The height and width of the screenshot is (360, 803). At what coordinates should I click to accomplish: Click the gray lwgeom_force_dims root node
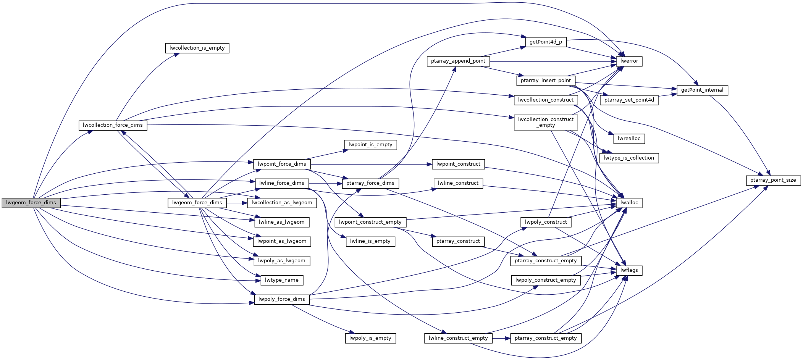tap(31, 203)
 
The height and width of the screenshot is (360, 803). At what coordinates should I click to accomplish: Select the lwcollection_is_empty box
tap(197, 48)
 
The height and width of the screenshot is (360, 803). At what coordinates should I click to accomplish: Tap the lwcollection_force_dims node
tap(113, 125)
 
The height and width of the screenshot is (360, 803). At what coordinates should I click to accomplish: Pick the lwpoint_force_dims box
tap(282, 164)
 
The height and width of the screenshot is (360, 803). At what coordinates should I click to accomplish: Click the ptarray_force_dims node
tap(370, 183)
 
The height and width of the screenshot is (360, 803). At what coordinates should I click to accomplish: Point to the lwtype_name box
tap(282, 280)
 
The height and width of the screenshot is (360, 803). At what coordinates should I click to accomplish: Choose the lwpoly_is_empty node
tap(370, 338)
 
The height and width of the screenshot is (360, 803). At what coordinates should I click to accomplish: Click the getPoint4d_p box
tap(546, 42)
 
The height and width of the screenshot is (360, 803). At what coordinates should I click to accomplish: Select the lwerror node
tap(629, 61)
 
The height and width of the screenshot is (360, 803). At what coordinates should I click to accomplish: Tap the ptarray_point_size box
tap(773, 180)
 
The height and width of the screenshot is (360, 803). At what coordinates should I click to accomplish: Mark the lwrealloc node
tap(629, 139)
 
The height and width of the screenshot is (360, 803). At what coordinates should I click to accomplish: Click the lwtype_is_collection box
tap(629, 158)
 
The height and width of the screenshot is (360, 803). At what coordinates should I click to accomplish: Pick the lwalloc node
tap(629, 203)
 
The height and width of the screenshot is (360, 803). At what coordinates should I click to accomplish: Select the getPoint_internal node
tap(702, 90)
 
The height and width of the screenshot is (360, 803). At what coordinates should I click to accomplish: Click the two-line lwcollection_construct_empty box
tap(546, 122)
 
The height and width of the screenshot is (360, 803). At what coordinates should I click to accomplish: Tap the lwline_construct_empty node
tap(458, 338)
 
